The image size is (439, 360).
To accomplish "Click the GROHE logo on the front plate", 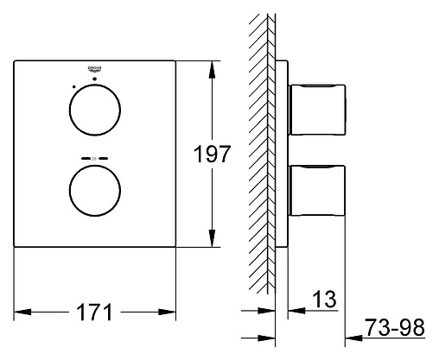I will tap(94, 67).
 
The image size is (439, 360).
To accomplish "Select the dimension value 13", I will tap(323, 299).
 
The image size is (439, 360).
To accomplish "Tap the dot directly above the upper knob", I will tap(94, 79).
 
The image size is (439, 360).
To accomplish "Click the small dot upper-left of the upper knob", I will tap(74, 86).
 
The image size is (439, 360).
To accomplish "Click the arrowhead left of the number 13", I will tap(294, 309).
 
